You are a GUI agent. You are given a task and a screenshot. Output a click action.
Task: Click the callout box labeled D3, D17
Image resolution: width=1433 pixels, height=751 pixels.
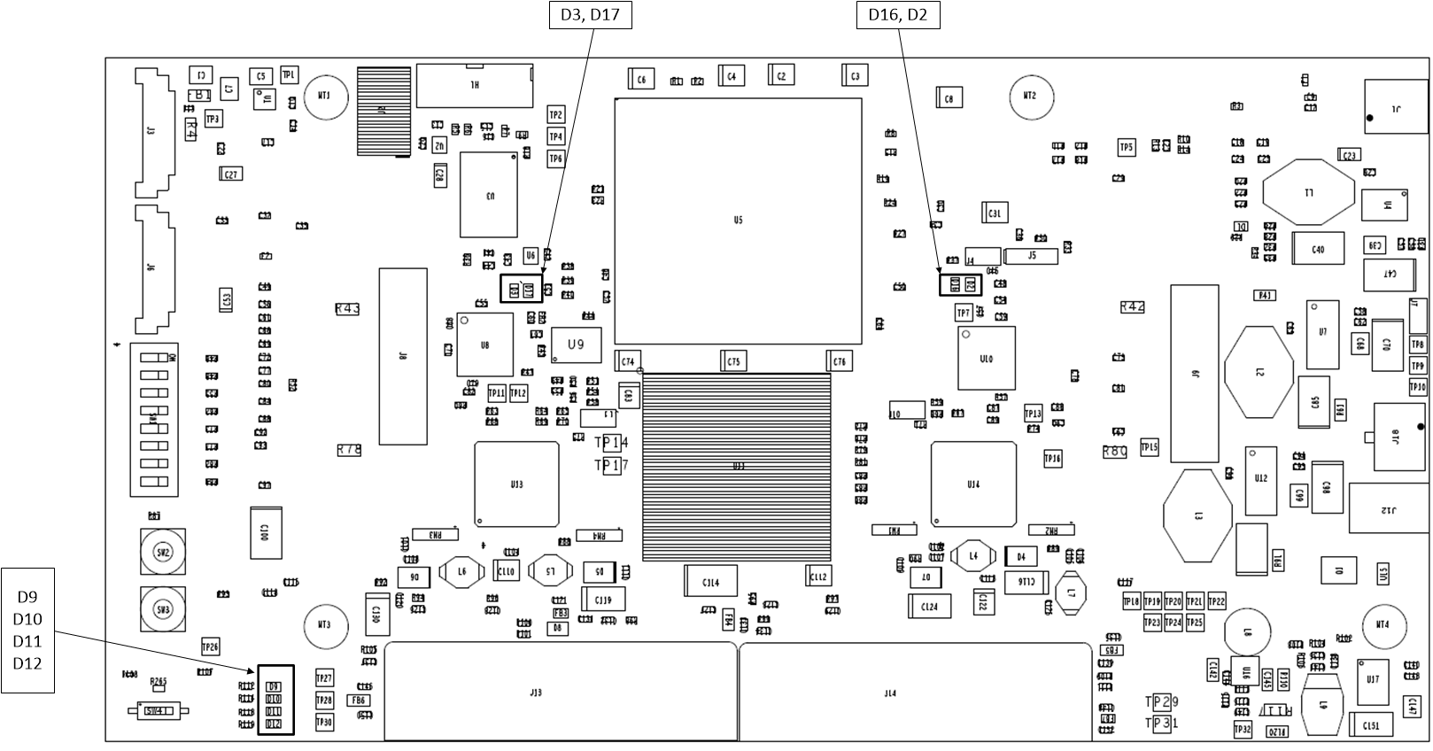coord(590,15)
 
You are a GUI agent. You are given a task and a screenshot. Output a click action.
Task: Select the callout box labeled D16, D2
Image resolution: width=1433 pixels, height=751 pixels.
coord(897,15)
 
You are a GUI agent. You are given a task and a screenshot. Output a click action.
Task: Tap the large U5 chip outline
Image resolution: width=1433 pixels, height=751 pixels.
coord(738,221)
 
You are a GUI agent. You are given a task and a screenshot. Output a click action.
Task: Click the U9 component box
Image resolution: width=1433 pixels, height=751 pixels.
coord(576,345)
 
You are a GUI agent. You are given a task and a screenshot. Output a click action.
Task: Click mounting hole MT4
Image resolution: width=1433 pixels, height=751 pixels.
coord(1383,625)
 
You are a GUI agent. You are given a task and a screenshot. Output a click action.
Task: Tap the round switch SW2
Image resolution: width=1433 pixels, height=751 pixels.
coord(162,553)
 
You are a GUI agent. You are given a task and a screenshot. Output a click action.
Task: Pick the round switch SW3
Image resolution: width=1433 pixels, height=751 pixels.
coord(162,610)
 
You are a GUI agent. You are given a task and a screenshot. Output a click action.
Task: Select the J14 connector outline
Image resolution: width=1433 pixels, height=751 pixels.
coord(915,692)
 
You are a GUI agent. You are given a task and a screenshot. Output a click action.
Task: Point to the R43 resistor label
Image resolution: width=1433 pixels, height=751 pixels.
coord(348,309)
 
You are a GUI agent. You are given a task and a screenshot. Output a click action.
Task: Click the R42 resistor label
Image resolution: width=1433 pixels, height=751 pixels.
coord(1132,306)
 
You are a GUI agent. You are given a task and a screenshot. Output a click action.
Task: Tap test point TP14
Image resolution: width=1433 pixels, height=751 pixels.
coord(611,442)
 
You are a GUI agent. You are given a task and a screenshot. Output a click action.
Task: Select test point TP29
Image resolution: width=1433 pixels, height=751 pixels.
coord(1162,702)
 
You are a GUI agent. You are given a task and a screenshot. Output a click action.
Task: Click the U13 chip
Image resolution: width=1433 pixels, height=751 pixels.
coord(516,484)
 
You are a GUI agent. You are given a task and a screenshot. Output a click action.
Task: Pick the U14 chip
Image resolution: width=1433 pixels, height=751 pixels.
coord(972,484)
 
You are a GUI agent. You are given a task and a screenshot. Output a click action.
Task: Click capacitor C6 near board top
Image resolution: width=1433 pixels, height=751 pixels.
coord(641,80)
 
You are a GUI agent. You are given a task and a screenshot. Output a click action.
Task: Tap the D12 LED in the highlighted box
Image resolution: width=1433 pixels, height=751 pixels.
coord(274,724)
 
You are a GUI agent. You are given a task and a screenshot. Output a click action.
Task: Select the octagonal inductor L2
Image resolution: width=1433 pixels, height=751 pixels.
coord(1259,372)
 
